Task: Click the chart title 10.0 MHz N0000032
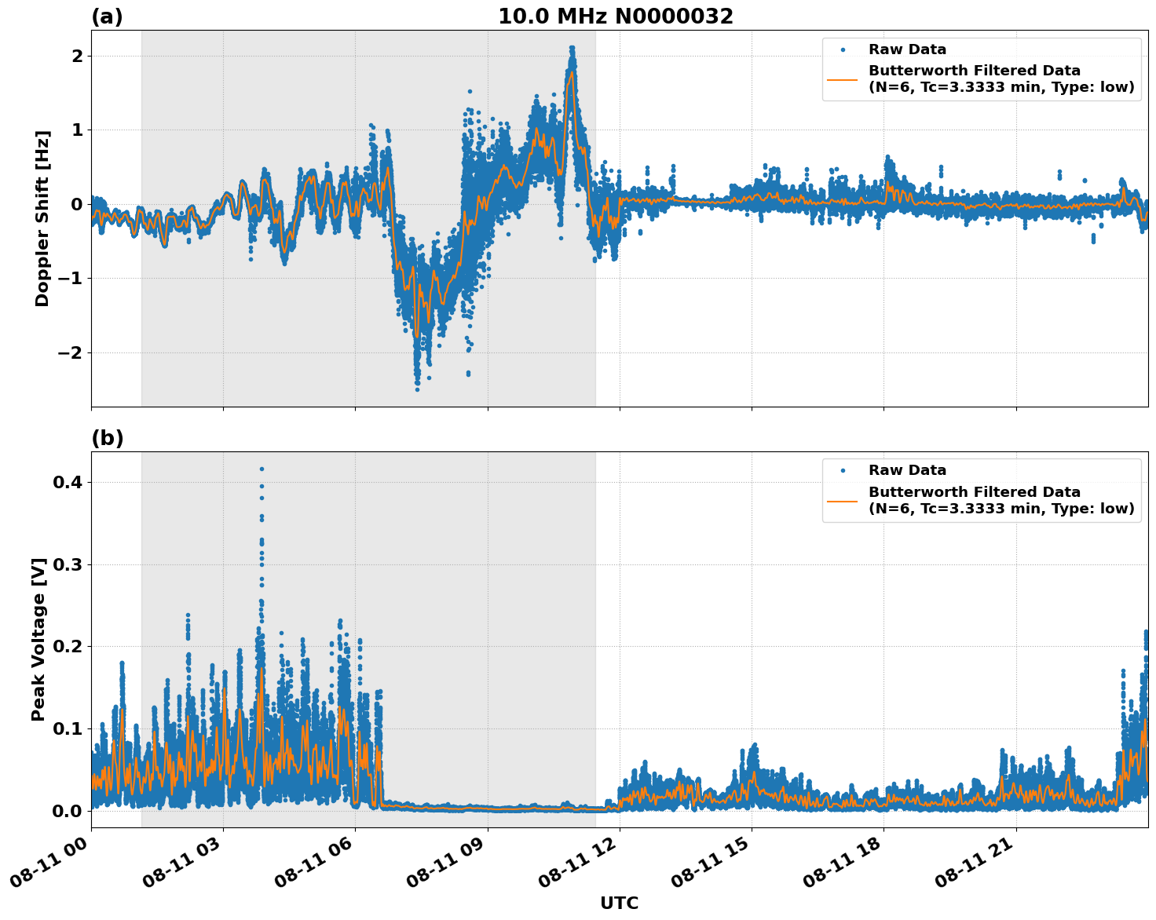[615, 16]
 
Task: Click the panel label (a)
[107, 16]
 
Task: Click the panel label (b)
[107, 438]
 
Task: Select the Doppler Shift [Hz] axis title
[42, 218]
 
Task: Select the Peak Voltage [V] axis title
[38, 639]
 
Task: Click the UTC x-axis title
[619, 903]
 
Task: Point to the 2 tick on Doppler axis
[77, 56]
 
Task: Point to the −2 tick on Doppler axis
[71, 352]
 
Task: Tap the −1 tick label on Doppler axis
[71, 279]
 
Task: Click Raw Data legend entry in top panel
[907, 50]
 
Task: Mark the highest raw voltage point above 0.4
[262, 469]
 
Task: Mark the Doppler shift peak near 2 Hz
[572, 49]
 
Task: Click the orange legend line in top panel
[842, 79]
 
